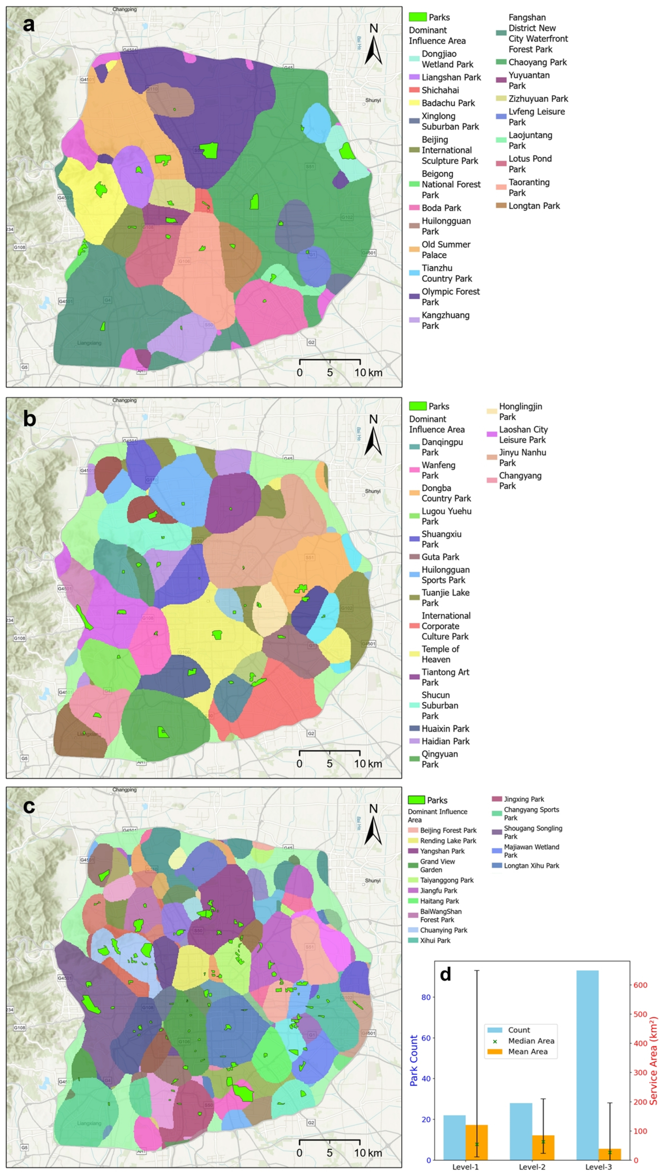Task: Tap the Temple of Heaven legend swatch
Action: (x=414, y=653)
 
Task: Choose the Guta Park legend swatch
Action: (x=414, y=556)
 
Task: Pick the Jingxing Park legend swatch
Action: (x=497, y=799)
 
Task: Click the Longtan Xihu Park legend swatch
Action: (x=497, y=865)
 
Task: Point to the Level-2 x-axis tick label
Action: (x=532, y=1166)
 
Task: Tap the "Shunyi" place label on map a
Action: (x=373, y=100)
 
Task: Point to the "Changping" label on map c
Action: (x=125, y=789)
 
